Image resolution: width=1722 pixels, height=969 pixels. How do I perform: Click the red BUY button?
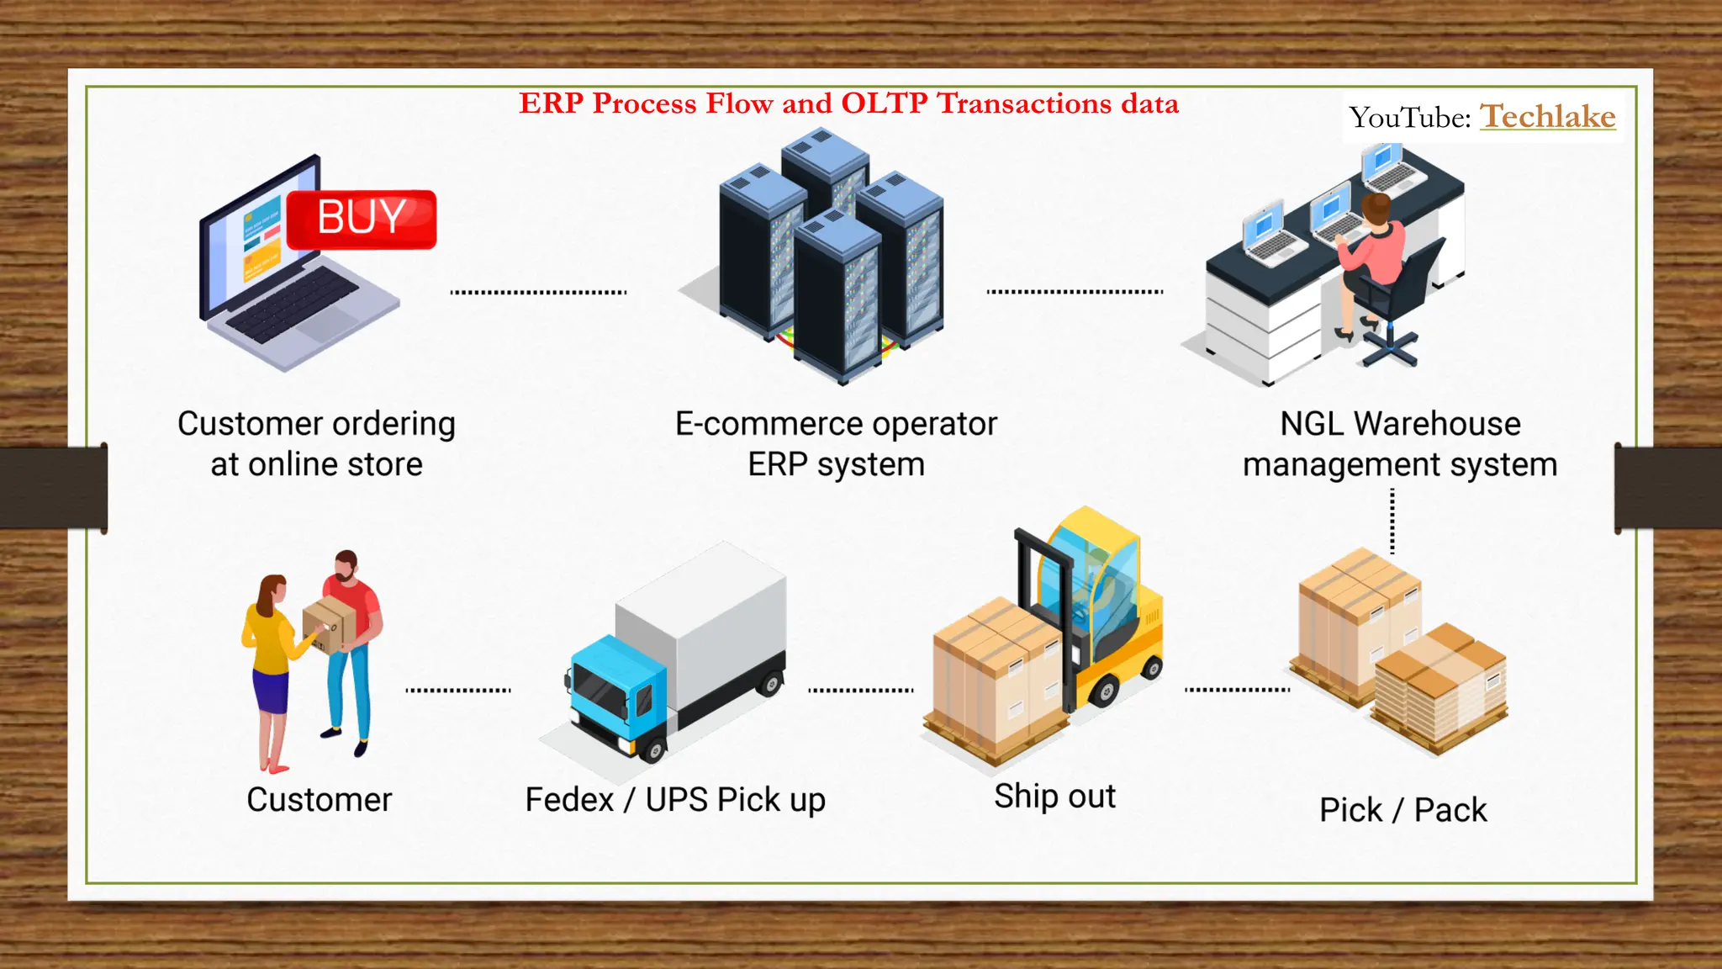(362, 219)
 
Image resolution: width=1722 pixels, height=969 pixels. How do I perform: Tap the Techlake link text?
(1547, 116)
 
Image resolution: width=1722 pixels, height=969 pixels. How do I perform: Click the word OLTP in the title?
(885, 103)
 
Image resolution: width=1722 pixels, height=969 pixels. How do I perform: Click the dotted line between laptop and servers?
(538, 293)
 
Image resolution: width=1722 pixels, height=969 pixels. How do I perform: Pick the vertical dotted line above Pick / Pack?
(1392, 522)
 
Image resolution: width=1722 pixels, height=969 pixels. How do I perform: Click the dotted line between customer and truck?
(458, 691)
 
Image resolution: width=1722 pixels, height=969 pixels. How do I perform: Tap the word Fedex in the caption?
(569, 800)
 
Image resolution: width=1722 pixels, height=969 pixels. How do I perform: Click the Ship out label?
(1054, 797)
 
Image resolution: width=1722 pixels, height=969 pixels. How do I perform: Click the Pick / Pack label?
(1402, 810)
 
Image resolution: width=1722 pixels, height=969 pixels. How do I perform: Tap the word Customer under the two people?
(320, 800)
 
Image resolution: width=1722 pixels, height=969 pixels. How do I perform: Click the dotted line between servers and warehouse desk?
(1075, 292)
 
